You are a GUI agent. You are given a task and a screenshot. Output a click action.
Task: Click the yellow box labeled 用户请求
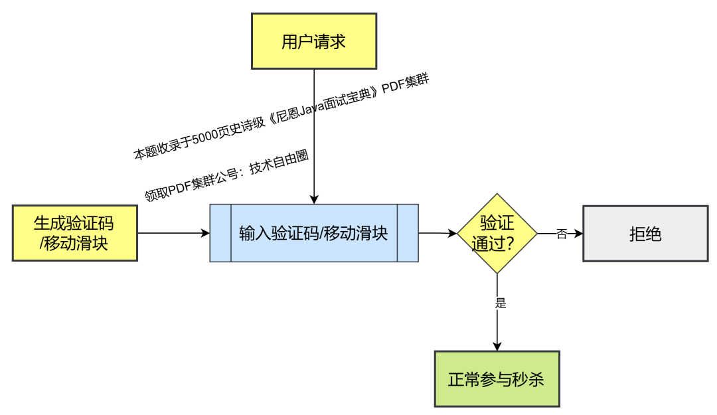pyautogui.click(x=314, y=41)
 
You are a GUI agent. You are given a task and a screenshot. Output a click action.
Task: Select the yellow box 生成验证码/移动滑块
pyautogui.click(x=74, y=233)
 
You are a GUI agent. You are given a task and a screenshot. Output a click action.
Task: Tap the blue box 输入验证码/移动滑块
pyautogui.click(x=314, y=233)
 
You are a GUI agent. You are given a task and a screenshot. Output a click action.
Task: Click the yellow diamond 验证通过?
pyautogui.click(x=497, y=233)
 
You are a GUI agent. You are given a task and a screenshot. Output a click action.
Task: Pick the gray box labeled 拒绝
pyautogui.click(x=645, y=234)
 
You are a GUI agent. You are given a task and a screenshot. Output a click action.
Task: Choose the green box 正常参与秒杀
pyautogui.click(x=497, y=379)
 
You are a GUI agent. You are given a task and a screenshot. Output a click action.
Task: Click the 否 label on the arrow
pyautogui.click(x=562, y=234)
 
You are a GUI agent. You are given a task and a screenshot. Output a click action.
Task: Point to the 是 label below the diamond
pyautogui.click(x=501, y=303)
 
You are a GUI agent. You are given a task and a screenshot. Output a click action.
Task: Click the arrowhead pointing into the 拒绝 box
pyautogui.click(x=578, y=234)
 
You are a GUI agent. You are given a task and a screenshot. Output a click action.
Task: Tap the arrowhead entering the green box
pyautogui.click(x=497, y=346)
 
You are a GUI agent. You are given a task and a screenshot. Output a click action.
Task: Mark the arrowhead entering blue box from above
pyautogui.click(x=314, y=199)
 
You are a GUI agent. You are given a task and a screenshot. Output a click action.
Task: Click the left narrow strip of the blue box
pyautogui.click(x=220, y=233)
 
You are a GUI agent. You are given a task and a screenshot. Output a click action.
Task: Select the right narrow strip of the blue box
pyautogui.click(x=408, y=233)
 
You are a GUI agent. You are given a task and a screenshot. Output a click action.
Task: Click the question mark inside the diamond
pyautogui.click(x=511, y=244)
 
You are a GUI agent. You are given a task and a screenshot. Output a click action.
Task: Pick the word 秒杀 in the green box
pyautogui.click(x=528, y=380)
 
